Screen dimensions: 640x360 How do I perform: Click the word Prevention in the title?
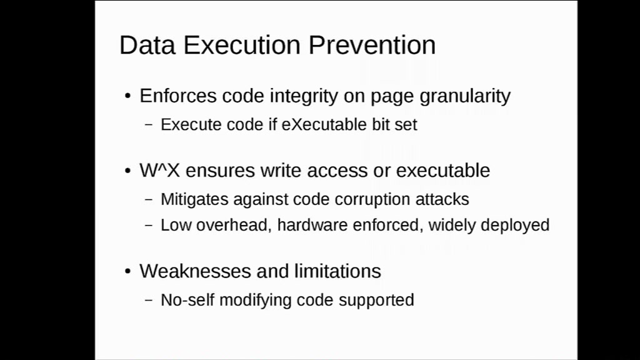pos(372,44)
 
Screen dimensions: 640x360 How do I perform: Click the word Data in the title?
pos(147,44)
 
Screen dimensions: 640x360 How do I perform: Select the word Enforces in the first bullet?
pos(178,96)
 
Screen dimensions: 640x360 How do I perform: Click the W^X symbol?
pos(159,170)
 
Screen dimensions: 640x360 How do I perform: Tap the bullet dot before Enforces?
pos(127,96)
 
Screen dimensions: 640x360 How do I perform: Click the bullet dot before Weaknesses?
pos(127,271)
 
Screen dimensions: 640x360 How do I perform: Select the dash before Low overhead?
pos(149,225)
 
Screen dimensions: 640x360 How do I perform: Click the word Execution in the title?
pos(242,44)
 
